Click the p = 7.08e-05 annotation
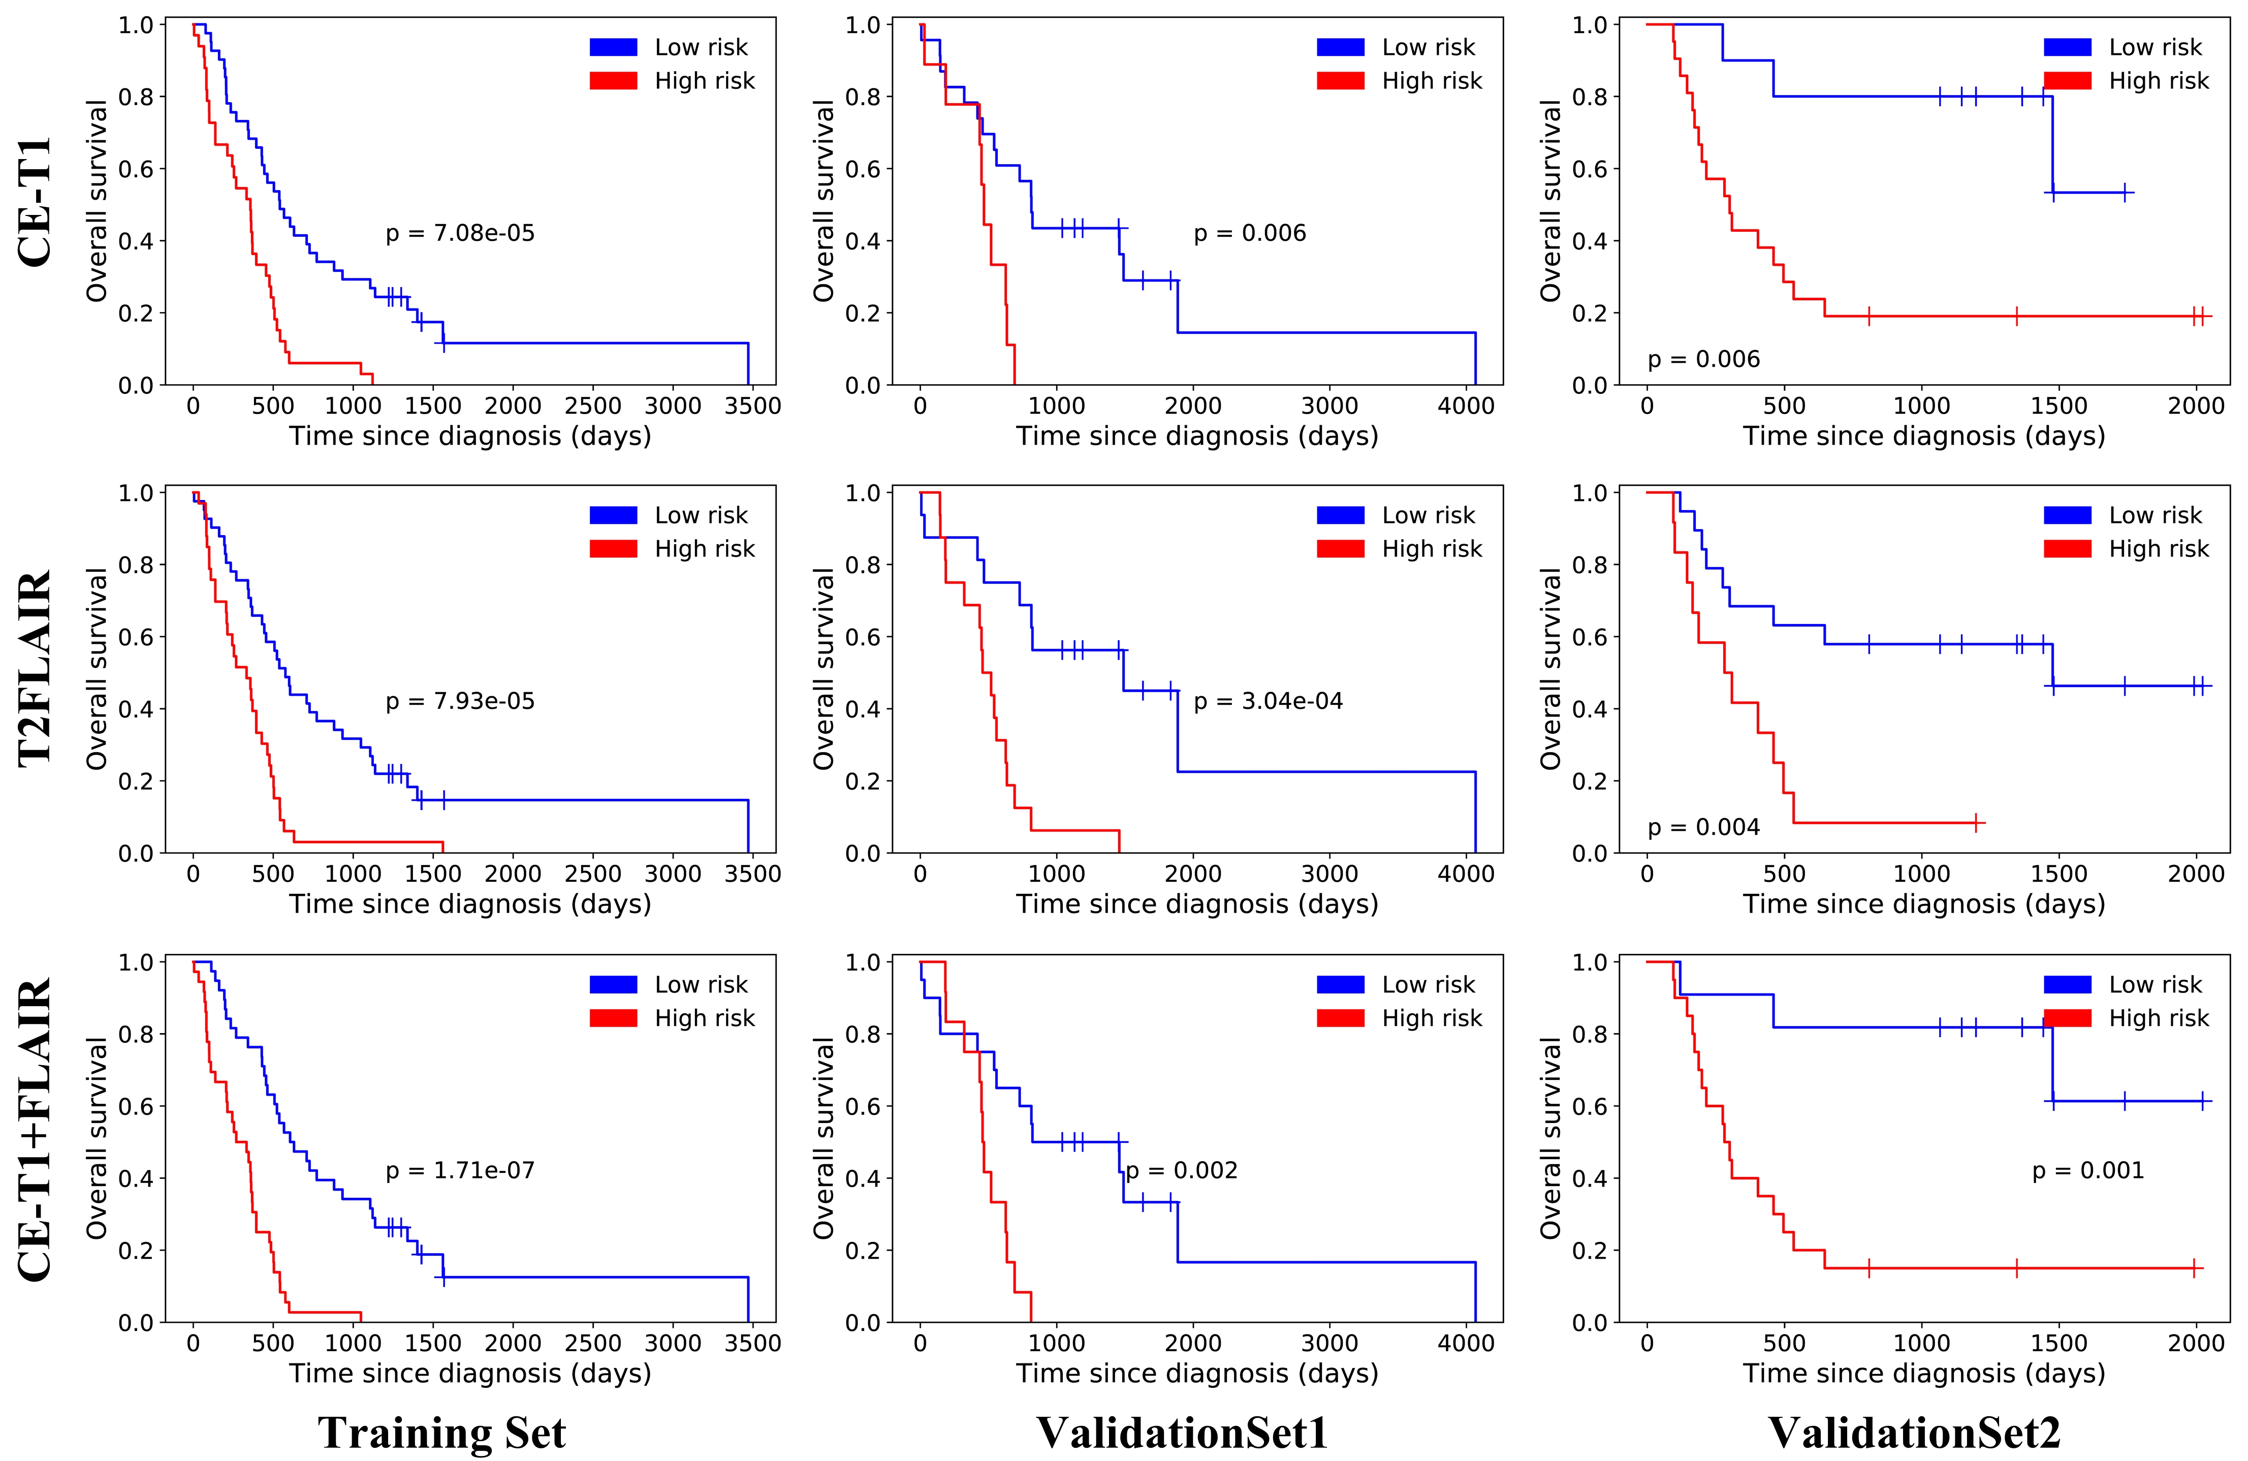pyautogui.click(x=460, y=233)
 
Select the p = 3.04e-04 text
pyautogui.click(x=1268, y=701)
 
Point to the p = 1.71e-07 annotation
pyautogui.click(x=460, y=1171)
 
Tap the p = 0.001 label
pyautogui.click(x=2087, y=1171)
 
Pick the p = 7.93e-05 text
pyautogui.click(x=460, y=701)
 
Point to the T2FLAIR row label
pyautogui.click(x=36, y=668)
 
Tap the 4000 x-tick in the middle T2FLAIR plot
pyautogui.click(x=1466, y=874)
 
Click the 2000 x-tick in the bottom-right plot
pyautogui.click(x=2196, y=1343)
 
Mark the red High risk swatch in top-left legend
pyautogui.click(x=613, y=81)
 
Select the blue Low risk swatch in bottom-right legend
pyautogui.click(x=2067, y=985)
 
